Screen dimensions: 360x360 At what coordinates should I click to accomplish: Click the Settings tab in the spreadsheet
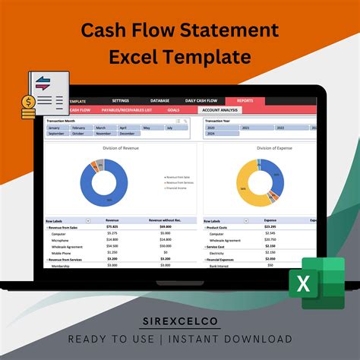pyautogui.click(x=120, y=100)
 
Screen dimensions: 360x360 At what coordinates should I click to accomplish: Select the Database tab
pyautogui.click(x=159, y=100)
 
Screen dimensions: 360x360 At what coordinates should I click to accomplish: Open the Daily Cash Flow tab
pyautogui.click(x=201, y=100)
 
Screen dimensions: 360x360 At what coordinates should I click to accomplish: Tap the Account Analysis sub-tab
pyautogui.click(x=219, y=110)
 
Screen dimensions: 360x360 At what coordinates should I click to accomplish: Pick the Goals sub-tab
pyautogui.click(x=173, y=110)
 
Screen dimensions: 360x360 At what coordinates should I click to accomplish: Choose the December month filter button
pyautogui.click(x=125, y=134)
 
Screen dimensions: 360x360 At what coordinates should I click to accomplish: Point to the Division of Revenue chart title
pyautogui.click(x=121, y=148)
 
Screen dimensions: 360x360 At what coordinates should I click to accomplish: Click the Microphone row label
pyautogui.click(x=63, y=240)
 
